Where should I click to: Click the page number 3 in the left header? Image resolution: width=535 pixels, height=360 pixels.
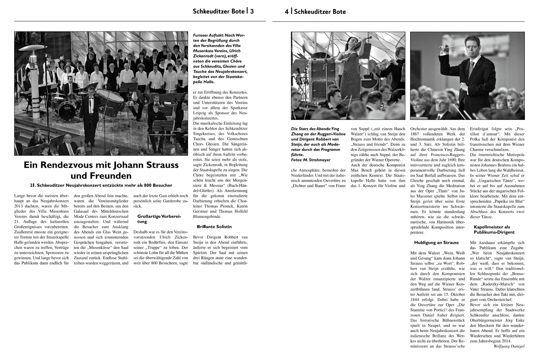[x=252, y=11]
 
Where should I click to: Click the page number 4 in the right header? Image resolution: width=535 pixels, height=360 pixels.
[x=287, y=11]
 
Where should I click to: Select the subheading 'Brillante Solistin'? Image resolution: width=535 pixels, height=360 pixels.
[x=214, y=227]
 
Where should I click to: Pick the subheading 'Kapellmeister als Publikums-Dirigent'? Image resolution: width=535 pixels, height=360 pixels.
[x=494, y=229]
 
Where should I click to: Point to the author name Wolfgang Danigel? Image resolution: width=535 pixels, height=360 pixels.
[x=509, y=346]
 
